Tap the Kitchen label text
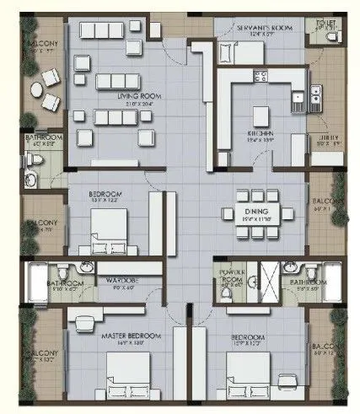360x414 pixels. (x=258, y=133)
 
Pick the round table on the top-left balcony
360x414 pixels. (x=38, y=91)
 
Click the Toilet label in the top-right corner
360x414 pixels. (x=325, y=24)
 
